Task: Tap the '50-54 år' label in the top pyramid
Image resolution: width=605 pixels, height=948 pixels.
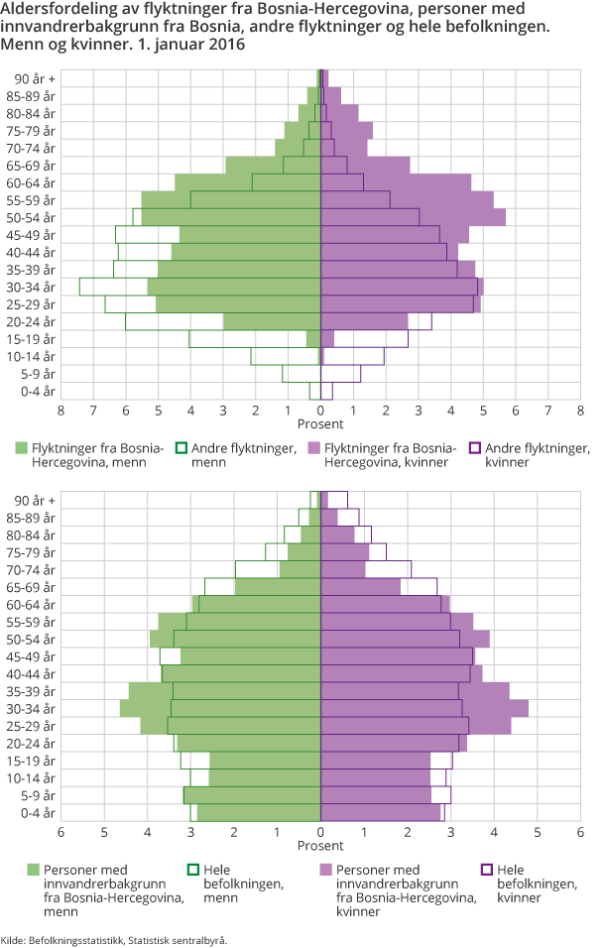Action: pos(35,217)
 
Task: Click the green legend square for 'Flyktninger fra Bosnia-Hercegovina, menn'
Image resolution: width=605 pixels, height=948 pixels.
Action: pos(22,448)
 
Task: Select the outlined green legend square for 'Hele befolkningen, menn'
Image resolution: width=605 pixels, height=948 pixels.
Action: pos(193,870)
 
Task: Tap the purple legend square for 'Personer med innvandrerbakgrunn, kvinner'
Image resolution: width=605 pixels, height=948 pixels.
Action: pos(326,870)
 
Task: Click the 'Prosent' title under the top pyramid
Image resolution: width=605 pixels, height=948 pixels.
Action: pos(320,424)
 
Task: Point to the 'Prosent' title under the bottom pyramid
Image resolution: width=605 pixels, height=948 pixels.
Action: pos(320,846)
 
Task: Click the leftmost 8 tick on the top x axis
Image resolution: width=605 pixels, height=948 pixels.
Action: pos(60,410)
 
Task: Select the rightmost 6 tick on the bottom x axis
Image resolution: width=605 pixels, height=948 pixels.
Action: pos(580,832)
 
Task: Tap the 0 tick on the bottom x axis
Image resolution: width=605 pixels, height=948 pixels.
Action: pos(320,832)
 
